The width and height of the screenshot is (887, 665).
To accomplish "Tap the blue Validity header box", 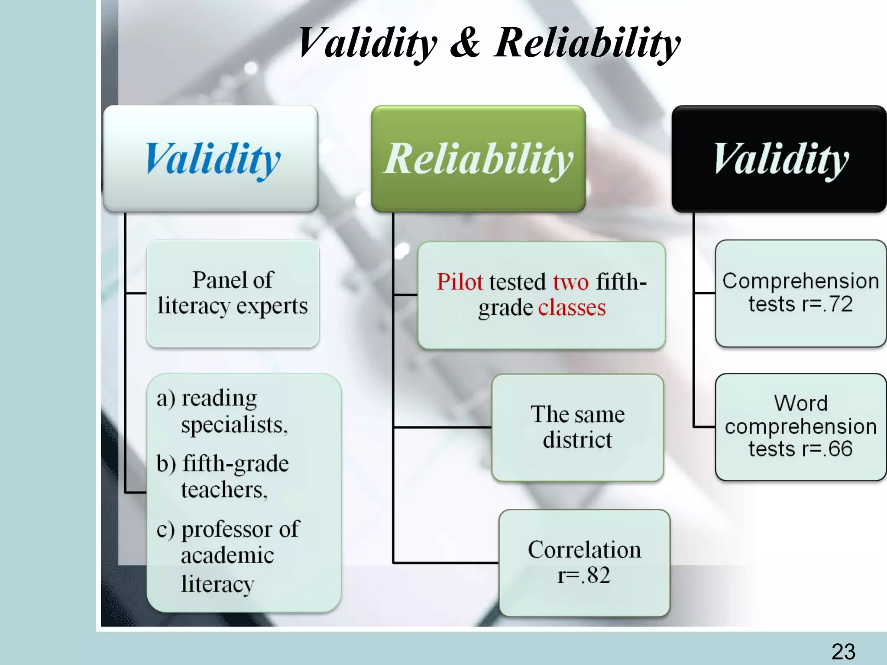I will click(210, 158).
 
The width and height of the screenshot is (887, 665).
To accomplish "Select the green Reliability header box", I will click(478, 158).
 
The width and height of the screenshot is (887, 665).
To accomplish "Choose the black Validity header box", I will click(779, 158).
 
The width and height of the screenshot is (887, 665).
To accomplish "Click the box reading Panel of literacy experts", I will click(233, 293).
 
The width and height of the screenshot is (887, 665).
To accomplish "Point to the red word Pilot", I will click(459, 282).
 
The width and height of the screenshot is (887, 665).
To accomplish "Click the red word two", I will click(570, 282).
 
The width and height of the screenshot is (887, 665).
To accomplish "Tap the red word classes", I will click(572, 308).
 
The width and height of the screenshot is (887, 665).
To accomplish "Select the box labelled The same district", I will click(577, 427).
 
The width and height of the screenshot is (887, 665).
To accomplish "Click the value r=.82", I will click(583, 575).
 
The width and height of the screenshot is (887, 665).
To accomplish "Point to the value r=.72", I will click(827, 304).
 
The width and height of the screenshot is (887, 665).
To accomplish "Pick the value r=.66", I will click(827, 449).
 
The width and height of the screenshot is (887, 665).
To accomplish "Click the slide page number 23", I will click(843, 652).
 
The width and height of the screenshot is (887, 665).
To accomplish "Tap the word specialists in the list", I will click(234, 425).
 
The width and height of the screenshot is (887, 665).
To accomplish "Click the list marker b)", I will click(166, 464).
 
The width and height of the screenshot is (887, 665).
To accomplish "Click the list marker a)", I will click(166, 399).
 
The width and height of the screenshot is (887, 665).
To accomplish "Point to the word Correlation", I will click(584, 550).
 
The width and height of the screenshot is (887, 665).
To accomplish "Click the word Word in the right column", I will click(801, 403).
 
